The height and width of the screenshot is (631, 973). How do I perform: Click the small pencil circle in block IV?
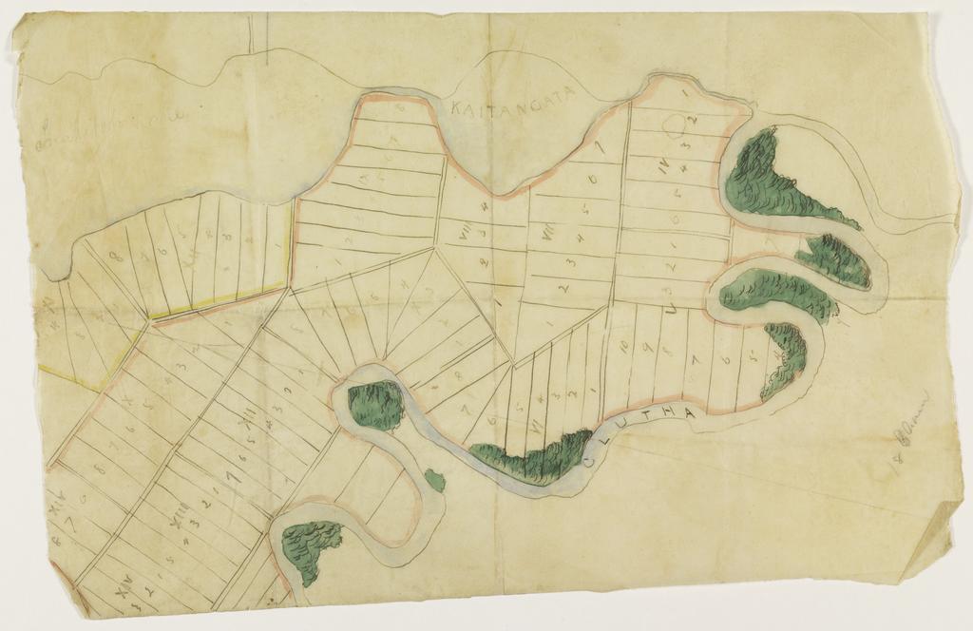[675, 124]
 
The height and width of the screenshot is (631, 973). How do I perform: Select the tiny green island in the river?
[435, 481]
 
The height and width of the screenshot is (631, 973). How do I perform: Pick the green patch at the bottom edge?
[310, 551]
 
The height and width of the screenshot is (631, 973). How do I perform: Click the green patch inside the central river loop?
[376, 405]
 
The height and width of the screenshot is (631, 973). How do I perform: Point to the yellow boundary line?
[219, 300]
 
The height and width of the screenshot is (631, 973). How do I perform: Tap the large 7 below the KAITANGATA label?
[599, 149]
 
